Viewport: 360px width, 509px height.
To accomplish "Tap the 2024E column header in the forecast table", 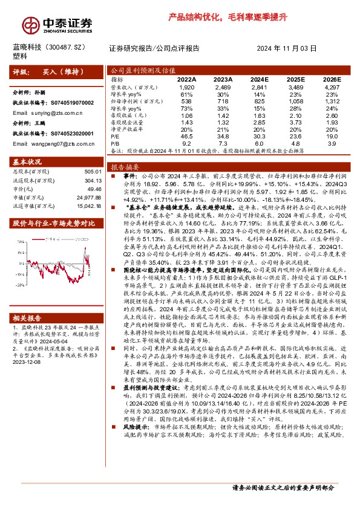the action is (259, 79).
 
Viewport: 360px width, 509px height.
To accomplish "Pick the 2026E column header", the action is (333, 79).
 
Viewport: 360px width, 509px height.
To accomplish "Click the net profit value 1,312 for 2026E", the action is (333, 100).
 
